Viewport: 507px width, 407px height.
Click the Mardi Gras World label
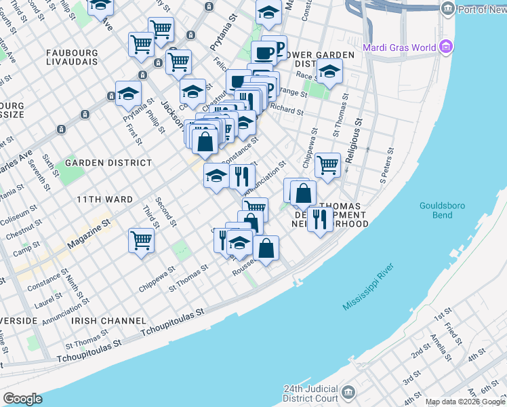[400, 47]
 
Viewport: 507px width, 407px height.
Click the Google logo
[22, 399]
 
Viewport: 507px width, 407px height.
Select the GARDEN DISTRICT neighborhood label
[108, 163]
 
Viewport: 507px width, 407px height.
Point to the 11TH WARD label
[103, 199]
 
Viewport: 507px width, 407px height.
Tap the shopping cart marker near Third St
[141, 239]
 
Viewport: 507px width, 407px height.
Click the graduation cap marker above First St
[127, 95]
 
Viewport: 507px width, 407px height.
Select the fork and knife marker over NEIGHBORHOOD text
[320, 218]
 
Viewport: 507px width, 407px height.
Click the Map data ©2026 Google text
[464, 402]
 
